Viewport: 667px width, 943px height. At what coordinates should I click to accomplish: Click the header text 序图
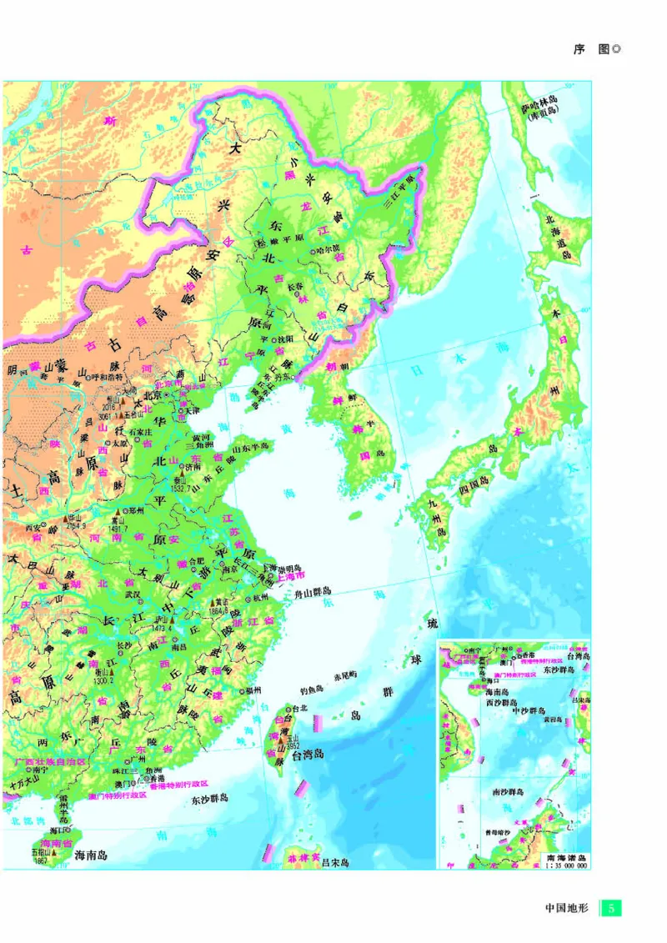[592, 49]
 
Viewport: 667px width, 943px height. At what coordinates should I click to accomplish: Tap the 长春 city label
[294, 286]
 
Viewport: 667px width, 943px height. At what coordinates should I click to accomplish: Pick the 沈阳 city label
[285, 339]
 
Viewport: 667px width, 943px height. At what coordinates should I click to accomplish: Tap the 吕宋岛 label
[335, 862]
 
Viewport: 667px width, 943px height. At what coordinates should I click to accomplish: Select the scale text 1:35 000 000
[566, 865]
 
